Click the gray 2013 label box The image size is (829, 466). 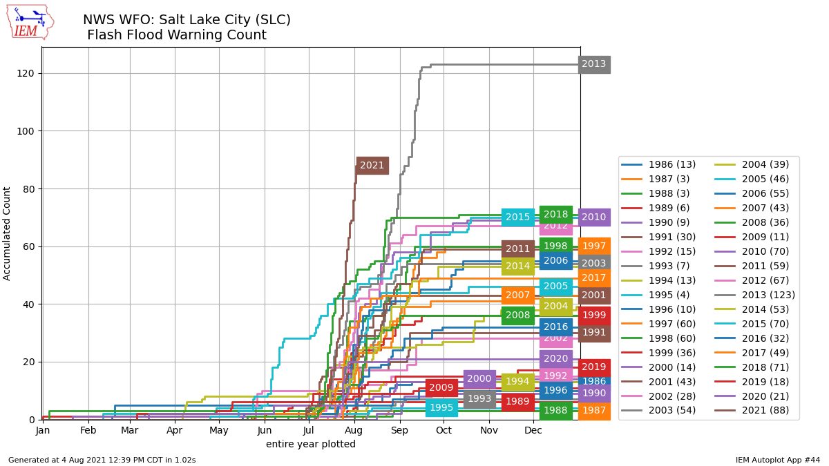click(x=594, y=64)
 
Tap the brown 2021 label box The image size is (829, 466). click(x=372, y=166)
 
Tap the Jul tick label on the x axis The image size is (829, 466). click(x=307, y=431)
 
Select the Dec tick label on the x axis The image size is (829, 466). click(x=533, y=431)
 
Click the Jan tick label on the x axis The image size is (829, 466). click(x=42, y=431)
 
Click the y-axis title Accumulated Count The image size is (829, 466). click(x=7, y=233)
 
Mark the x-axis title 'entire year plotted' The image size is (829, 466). click(x=311, y=445)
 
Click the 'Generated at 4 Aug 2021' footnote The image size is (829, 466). click(x=102, y=459)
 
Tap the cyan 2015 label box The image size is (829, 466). click(x=517, y=217)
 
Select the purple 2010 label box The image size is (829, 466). click(x=594, y=217)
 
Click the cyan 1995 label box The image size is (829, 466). click(x=441, y=408)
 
